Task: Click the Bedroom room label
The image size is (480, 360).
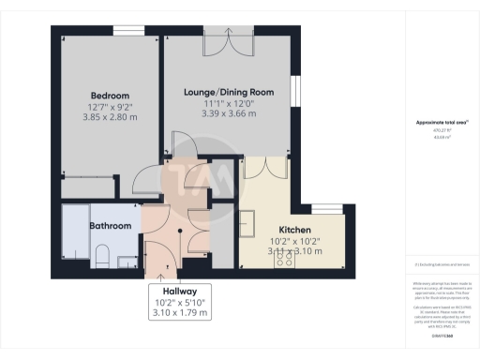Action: click(x=110, y=96)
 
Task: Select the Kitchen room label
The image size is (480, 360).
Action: click(x=294, y=230)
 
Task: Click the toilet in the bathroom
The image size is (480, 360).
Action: click(x=102, y=254)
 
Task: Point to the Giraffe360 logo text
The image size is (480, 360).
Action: click(x=435, y=335)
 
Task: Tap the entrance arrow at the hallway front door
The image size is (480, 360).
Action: click(x=166, y=268)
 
